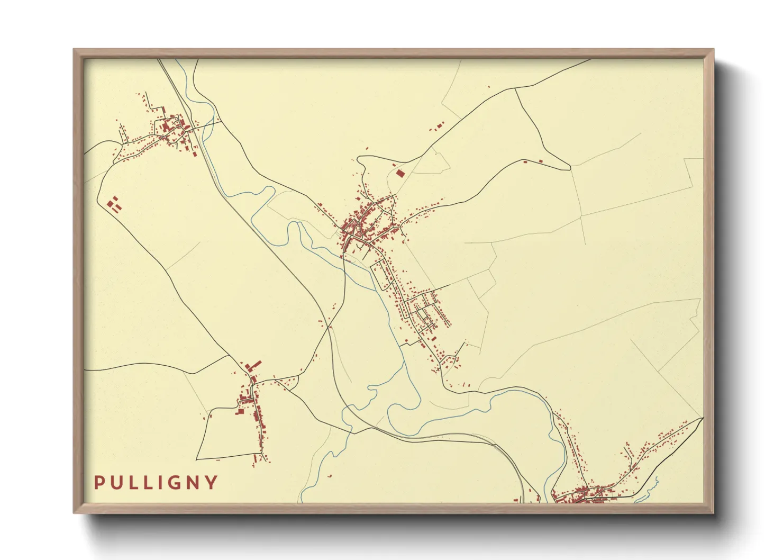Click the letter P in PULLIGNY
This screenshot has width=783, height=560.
[99, 482]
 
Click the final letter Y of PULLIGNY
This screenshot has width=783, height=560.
[212, 482]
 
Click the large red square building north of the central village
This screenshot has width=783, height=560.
[400, 173]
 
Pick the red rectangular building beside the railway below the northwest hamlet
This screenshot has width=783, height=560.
[194, 153]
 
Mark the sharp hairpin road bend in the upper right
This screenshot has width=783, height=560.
[570, 168]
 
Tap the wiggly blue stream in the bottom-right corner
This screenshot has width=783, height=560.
[654, 486]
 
